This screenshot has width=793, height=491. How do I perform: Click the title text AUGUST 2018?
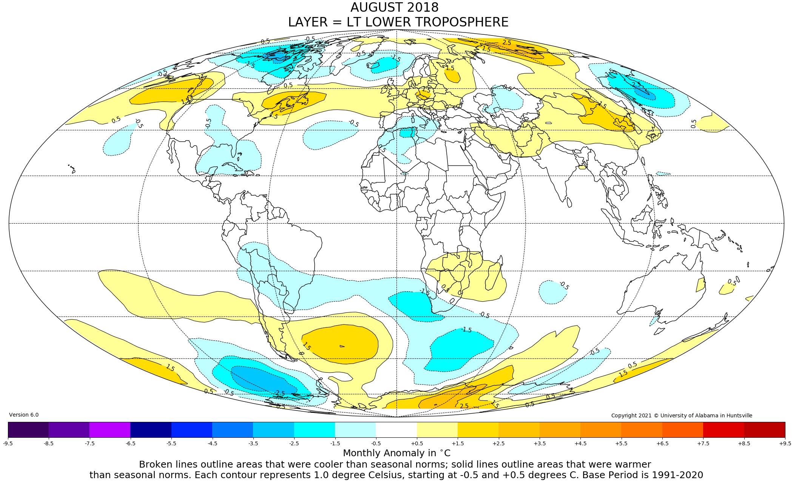pyautogui.click(x=394, y=8)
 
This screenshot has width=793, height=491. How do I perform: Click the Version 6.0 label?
pyautogui.click(x=24, y=415)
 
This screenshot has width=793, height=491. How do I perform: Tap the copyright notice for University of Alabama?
pyautogui.click(x=682, y=415)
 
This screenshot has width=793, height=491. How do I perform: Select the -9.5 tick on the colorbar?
pyautogui.click(x=8, y=443)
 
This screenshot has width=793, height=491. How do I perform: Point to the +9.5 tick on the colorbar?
pyautogui.click(x=785, y=443)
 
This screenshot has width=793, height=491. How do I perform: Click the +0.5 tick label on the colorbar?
pyautogui.click(x=417, y=443)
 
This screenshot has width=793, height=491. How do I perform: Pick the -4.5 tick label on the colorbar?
pyautogui.click(x=212, y=443)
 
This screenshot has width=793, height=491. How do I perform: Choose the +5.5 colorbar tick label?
pyautogui.click(x=621, y=443)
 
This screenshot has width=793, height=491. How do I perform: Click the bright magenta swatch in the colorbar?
pyautogui.click(x=110, y=429)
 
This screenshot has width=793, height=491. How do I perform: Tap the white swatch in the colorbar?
pyautogui.click(x=396, y=429)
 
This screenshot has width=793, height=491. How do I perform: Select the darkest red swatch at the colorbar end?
pyautogui.click(x=764, y=429)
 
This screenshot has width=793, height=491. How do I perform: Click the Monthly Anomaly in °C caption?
pyautogui.click(x=396, y=453)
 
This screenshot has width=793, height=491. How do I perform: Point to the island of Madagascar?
pyautogui.click(x=494, y=278)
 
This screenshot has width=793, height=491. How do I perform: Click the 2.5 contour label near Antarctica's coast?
pyautogui.click(x=464, y=406)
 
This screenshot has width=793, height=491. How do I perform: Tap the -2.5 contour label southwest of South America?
pyautogui.click(x=280, y=393)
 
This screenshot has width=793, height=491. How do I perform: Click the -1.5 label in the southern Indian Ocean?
pyautogui.click(x=467, y=330)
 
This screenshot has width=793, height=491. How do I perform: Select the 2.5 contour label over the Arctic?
pyautogui.click(x=507, y=43)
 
